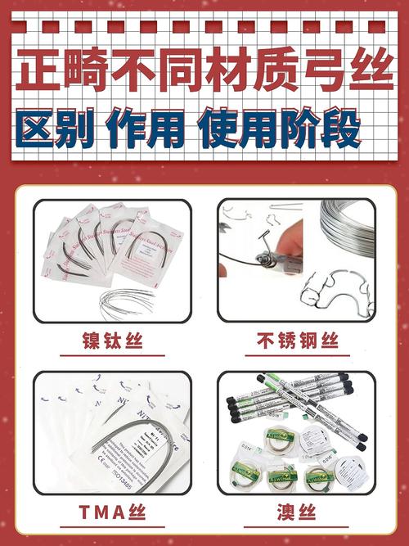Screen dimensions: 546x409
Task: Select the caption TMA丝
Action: [111, 513]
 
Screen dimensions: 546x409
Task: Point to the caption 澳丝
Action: [296, 513]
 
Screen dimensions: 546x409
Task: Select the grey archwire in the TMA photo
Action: [123, 446]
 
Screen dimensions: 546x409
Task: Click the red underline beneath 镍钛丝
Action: [111, 355]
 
